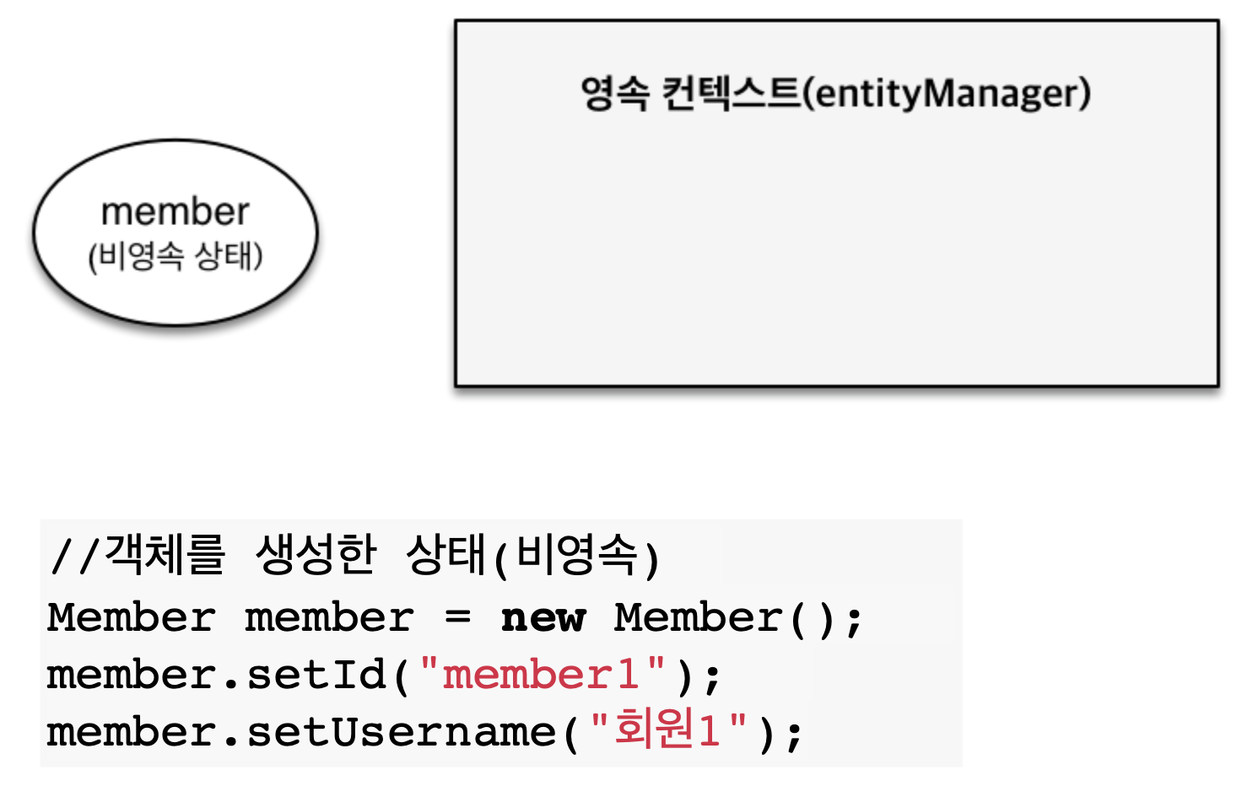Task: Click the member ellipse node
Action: [175, 287]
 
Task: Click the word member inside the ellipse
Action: [175, 212]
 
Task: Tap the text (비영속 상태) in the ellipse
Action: [175, 256]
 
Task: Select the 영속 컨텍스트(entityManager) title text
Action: [835, 93]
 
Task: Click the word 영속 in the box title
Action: [615, 93]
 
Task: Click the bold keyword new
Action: [543, 618]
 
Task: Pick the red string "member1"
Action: [542, 675]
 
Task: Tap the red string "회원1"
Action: [667, 730]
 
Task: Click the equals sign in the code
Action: [457, 617]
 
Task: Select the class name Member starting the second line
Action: [131, 618]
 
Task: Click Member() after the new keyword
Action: [725, 618]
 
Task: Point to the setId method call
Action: [316, 675]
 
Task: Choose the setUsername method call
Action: [401, 732]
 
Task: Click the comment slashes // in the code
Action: [74, 557]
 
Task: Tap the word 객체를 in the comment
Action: [165, 555]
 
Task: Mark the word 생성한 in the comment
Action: [316, 555]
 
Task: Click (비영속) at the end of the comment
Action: [577, 557]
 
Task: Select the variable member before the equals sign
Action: [329, 618]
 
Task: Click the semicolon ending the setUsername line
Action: [794, 734]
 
